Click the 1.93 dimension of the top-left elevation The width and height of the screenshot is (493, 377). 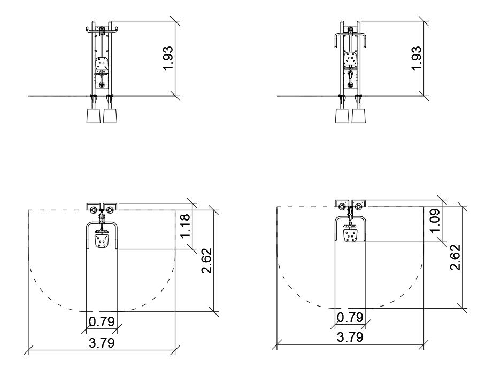click(x=168, y=58)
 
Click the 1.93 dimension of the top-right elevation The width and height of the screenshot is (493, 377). click(x=417, y=58)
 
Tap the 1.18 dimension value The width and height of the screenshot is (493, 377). click(x=185, y=226)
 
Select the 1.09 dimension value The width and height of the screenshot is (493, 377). click(x=435, y=221)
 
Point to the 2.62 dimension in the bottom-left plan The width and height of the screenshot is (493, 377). click(x=206, y=261)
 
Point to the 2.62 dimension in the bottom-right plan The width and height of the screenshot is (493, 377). click(x=455, y=257)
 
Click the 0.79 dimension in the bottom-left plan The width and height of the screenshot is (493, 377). click(x=102, y=321)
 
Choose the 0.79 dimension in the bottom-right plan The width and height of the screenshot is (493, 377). click(x=350, y=317)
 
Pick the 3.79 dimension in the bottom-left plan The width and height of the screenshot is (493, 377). click(x=102, y=343)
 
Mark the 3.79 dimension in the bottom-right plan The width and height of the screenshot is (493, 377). click(x=350, y=337)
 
